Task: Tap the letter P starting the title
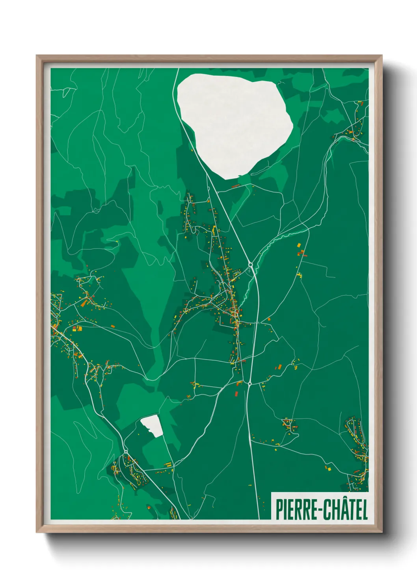279,510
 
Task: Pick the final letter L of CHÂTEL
365,510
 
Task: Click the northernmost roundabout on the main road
250,265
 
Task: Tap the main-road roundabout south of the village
249,382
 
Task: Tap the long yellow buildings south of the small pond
168,464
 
